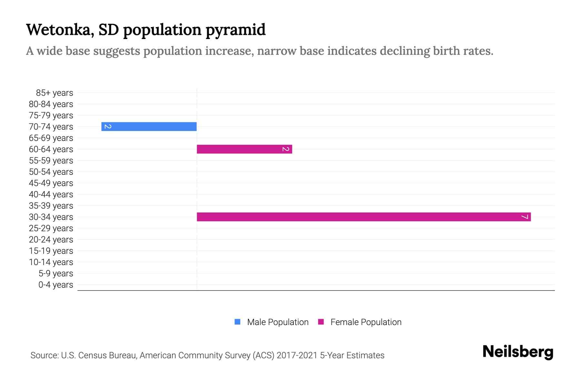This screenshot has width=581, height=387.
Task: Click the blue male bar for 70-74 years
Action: [149, 126]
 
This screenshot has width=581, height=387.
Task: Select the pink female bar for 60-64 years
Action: [244, 149]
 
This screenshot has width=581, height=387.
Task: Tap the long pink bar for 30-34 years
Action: [364, 217]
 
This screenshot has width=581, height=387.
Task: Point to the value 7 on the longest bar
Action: [525, 217]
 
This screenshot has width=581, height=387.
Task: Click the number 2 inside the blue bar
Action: [108, 126]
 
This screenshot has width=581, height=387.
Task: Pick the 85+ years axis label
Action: [54, 93]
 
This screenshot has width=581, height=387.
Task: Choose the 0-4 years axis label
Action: [56, 285]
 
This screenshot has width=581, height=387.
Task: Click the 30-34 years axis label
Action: [51, 217]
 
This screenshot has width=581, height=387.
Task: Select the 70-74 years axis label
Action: [51, 127]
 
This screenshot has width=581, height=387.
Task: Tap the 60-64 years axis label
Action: [51, 149]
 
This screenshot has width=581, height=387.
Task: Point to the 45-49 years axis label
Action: [51, 183]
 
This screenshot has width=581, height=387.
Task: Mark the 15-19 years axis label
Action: [51, 251]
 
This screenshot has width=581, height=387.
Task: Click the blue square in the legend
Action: [238, 322]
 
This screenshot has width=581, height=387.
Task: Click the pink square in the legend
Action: [321, 322]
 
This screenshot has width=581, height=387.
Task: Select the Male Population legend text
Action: [278, 322]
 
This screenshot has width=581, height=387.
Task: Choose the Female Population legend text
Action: [366, 322]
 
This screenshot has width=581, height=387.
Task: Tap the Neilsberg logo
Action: [518, 352]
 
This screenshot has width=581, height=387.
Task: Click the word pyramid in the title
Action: [235, 30]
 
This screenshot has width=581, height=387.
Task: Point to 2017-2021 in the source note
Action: [297, 355]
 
